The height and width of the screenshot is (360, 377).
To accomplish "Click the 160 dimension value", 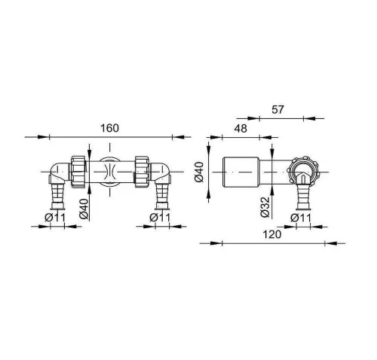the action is (109, 128).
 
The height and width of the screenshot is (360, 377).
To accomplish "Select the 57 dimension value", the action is (277, 109).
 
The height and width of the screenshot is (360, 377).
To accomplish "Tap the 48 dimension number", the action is (241, 129).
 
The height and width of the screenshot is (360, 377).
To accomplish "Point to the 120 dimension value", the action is (271, 234).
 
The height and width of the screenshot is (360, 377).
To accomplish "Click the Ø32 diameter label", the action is (265, 207).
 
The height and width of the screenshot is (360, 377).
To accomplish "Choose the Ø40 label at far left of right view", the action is (199, 172).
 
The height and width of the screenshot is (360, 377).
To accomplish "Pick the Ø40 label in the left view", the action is (84, 209).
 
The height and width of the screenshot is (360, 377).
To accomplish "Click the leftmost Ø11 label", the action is (55, 218).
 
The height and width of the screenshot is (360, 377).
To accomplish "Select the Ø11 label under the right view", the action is (301, 218).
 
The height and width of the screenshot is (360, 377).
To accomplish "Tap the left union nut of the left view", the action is (78, 172).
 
